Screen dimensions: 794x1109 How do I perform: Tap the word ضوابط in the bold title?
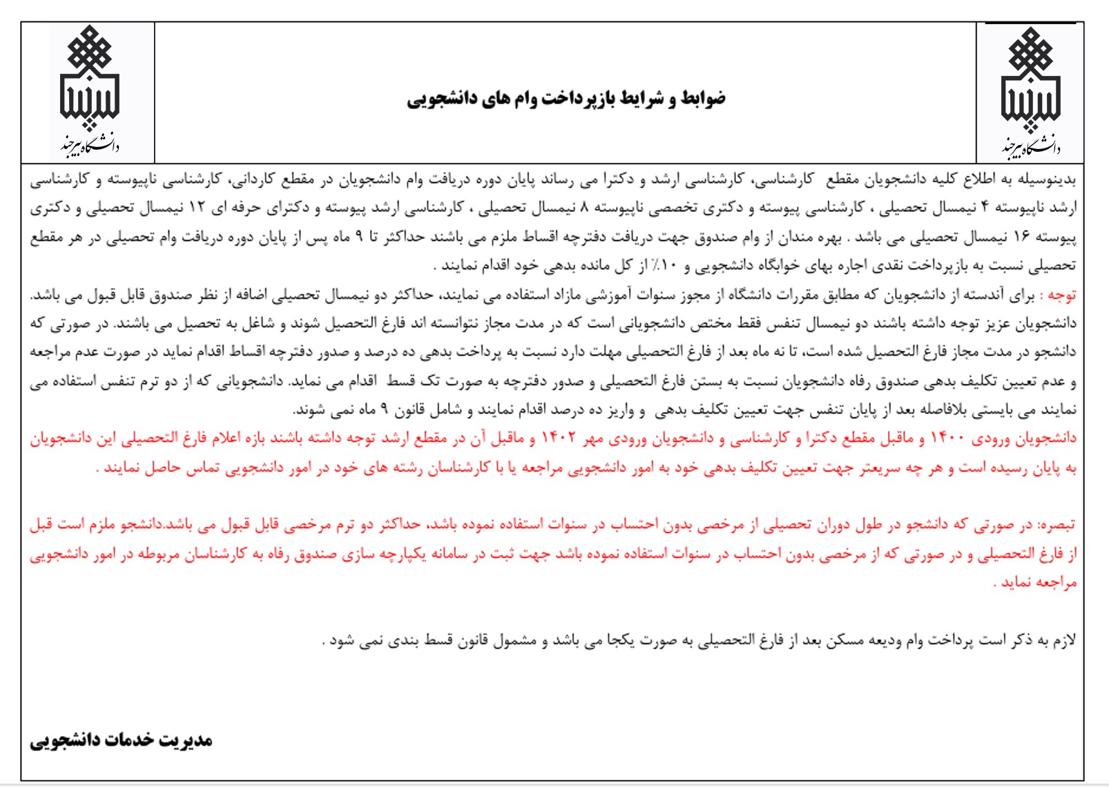[703, 98]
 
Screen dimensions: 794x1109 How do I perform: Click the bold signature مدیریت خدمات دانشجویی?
[121, 740]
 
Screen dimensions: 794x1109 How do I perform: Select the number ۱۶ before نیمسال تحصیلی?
[1022, 237]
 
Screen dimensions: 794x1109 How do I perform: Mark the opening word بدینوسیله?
[1049, 180]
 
